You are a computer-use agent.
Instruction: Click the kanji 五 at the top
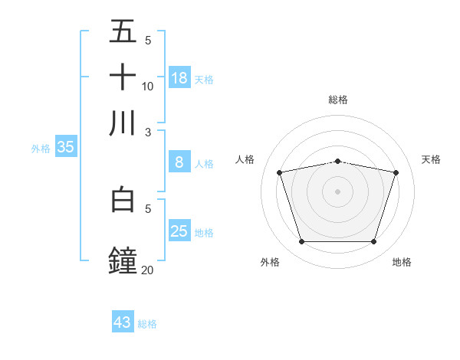click(123, 31)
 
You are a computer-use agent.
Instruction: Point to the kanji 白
click(123, 199)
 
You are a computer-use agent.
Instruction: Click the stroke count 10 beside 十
click(148, 86)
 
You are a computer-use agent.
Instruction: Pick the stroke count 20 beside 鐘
click(148, 270)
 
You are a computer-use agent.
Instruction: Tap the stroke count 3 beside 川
click(148, 132)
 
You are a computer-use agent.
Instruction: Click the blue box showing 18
click(179, 77)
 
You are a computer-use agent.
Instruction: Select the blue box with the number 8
click(179, 162)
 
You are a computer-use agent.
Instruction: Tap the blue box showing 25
click(179, 231)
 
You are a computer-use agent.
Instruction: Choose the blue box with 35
click(65, 147)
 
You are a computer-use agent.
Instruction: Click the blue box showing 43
click(123, 322)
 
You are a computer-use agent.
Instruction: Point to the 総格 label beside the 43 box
click(147, 324)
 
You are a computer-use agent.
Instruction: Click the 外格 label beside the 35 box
click(40, 149)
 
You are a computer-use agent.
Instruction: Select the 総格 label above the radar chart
click(338, 100)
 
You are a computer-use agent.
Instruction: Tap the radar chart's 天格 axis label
click(432, 159)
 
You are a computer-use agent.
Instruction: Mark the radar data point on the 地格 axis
click(373, 242)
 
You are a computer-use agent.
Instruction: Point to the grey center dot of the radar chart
click(338, 191)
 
